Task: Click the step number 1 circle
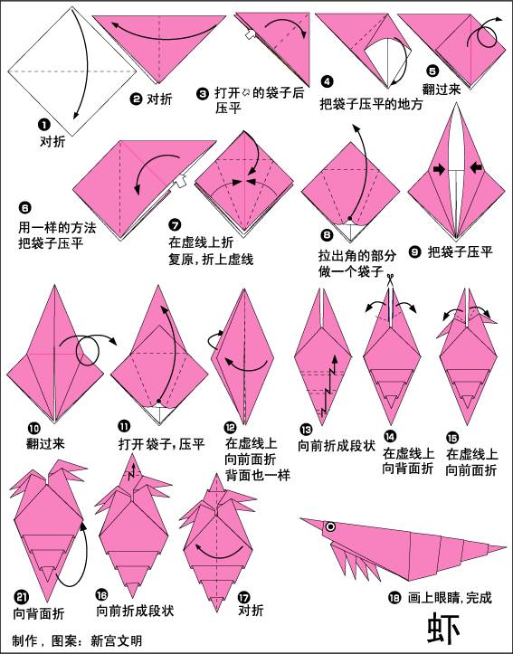(x=43, y=126)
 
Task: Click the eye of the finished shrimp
(x=331, y=527)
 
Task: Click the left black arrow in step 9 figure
(x=439, y=168)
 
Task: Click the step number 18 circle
(x=394, y=596)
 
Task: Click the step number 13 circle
(x=305, y=430)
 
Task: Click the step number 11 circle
(x=123, y=425)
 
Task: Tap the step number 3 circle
(x=204, y=92)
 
